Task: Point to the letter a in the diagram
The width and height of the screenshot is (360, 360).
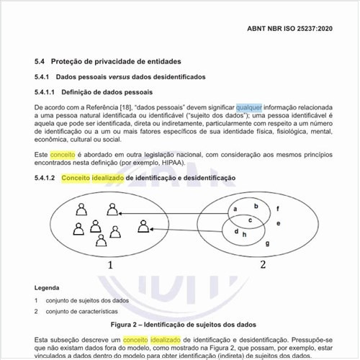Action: click(235, 210)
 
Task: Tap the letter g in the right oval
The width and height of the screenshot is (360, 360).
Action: click(268, 243)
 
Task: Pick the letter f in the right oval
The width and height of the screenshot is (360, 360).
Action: click(278, 209)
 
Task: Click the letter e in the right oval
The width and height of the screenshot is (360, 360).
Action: click(278, 224)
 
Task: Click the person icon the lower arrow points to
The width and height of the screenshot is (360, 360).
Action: click(145, 228)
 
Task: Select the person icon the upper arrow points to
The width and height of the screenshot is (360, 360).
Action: click(112, 210)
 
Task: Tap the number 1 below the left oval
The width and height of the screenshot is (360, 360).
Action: click(110, 265)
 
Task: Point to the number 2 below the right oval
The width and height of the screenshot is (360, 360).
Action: click(263, 265)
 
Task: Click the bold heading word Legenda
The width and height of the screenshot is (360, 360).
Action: click(47, 287)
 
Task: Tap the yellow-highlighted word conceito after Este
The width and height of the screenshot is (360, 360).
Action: click(63, 155)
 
